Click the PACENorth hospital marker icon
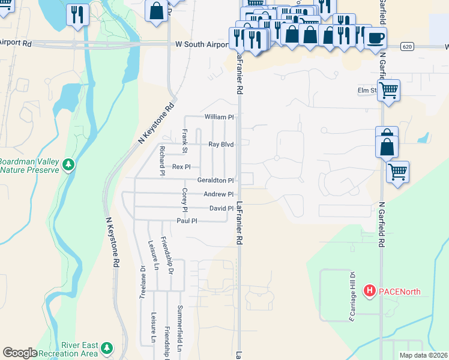[370, 292]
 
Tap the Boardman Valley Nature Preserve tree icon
[68, 164]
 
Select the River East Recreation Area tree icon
[107, 347]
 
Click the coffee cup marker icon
[375, 38]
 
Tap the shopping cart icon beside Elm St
[388, 91]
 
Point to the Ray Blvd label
[220, 144]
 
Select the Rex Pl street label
[181, 166]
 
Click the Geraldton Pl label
[215, 180]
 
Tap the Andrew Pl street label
[218, 194]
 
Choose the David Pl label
[221, 208]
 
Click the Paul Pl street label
[186, 221]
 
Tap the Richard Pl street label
[161, 160]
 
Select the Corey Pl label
[185, 200]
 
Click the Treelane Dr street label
[142, 282]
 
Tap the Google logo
[20, 353]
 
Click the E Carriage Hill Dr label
[353, 297]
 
